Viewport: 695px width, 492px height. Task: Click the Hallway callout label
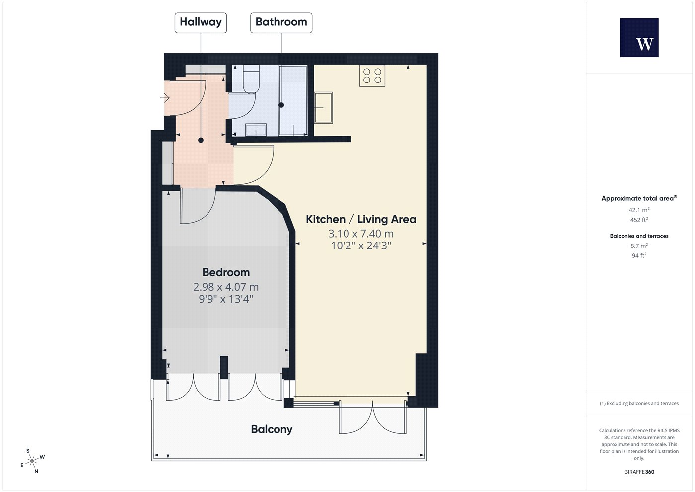pos(201,23)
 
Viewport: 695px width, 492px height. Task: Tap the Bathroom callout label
pos(281,23)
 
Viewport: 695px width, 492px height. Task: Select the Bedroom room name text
pos(226,272)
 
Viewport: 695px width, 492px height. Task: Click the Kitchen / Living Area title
pos(361,219)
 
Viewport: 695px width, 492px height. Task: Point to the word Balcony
pos(272,429)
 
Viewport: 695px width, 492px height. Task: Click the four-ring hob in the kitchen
pos(372,76)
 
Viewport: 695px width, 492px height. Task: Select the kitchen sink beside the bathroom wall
pos(323,107)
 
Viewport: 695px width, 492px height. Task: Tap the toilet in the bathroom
pos(251,79)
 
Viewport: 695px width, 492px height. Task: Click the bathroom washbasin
pos(256,130)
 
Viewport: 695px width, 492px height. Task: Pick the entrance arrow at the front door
pos(165,98)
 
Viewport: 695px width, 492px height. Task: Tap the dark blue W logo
pos(639,38)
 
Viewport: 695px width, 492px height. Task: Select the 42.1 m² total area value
pos(639,210)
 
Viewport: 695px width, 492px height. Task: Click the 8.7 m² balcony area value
pos(639,246)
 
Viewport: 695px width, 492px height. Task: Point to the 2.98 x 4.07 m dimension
pos(226,287)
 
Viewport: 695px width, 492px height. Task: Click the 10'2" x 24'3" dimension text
pos(361,246)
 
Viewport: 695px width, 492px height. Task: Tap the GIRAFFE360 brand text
pos(639,472)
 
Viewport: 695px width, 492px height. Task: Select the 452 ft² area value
pos(639,220)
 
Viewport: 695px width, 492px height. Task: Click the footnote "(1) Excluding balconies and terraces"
pos(639,403)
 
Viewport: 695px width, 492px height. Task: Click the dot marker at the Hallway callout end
pos(201,140)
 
